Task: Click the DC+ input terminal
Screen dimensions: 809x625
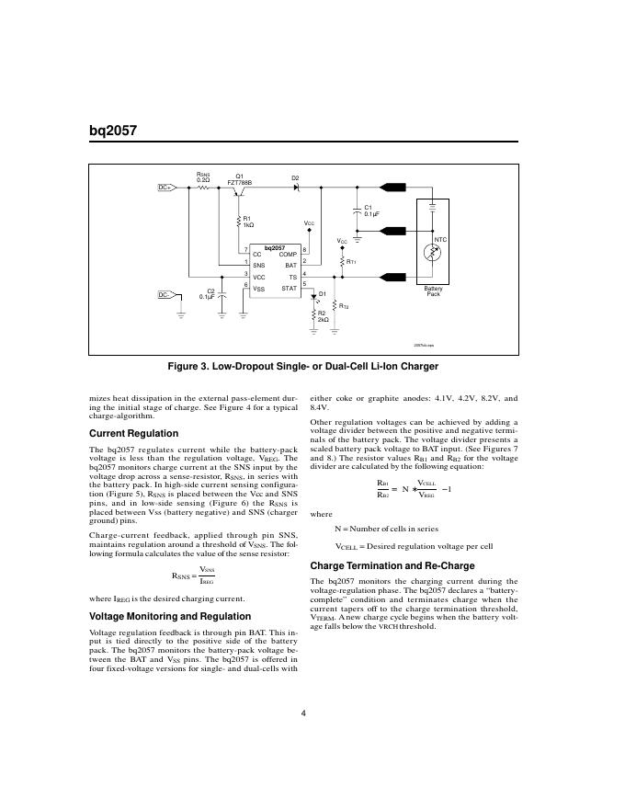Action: pyautogui.click(x=165, y=188)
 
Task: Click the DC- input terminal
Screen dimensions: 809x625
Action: pyautogui.click(x=165, y=295)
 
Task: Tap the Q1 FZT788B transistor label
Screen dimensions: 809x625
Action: pyautogui.click(x=239, y=179)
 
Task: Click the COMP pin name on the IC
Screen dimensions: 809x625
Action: pyautogui.click(x=287, y=254)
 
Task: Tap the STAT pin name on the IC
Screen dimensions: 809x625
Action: pyautogui.click(x=289, y=289)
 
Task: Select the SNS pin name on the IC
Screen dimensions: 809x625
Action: pyautogui.click(x=259, y=265)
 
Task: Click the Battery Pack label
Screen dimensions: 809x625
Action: pyautogui.click(x=434, y=291)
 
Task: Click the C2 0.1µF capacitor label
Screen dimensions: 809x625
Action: pyautogui.click(x=209, y=293)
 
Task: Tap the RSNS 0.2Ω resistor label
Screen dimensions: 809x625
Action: pyautogui.click(x=203, y=176)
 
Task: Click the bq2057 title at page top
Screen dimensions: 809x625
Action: pyautogui.click(x=112, y=131)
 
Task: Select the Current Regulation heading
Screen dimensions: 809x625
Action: pyautogui.click(x=133, y=433)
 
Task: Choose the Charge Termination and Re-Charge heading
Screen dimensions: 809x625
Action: pyautogui.click(x=389, y=565)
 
